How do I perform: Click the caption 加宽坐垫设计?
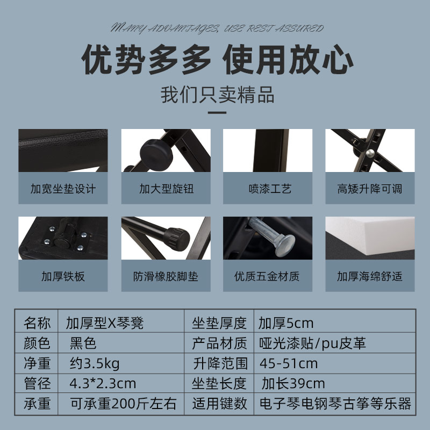[63, 189]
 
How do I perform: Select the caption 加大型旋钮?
[166, 189]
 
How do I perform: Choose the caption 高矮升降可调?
[369, 189]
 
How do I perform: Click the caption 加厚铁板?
[63, 277]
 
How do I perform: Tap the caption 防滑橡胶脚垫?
[166, 277]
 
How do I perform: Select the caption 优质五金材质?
[267, 277]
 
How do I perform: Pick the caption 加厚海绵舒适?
[369, 277]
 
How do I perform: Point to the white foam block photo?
[369, 236]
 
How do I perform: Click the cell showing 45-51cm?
[288, 363]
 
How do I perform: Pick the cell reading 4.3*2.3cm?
[103, 384]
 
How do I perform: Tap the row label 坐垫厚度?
[219, 323]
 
